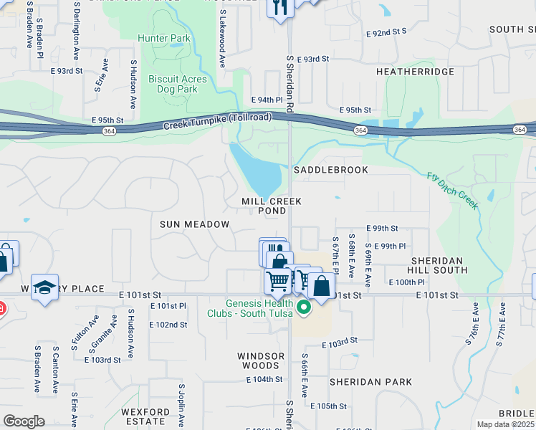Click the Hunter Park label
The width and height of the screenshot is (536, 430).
coord(164,38)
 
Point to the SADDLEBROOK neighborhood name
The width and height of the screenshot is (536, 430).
coord(331,170)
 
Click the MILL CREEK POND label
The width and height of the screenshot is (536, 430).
coord(272,206)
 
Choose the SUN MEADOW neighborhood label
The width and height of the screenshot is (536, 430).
coord(194,224)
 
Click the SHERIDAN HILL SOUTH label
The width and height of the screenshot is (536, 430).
coord(436,265)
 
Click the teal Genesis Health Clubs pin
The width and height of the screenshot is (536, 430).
coord(303,307)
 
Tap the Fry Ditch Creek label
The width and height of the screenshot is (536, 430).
coord(452,191)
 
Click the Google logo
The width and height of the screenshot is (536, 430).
coord(24,421)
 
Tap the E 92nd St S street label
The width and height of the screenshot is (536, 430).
coord(386,32)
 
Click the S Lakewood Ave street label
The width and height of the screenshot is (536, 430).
coord(223,39)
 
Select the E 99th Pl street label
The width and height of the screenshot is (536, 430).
coord(391,246)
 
